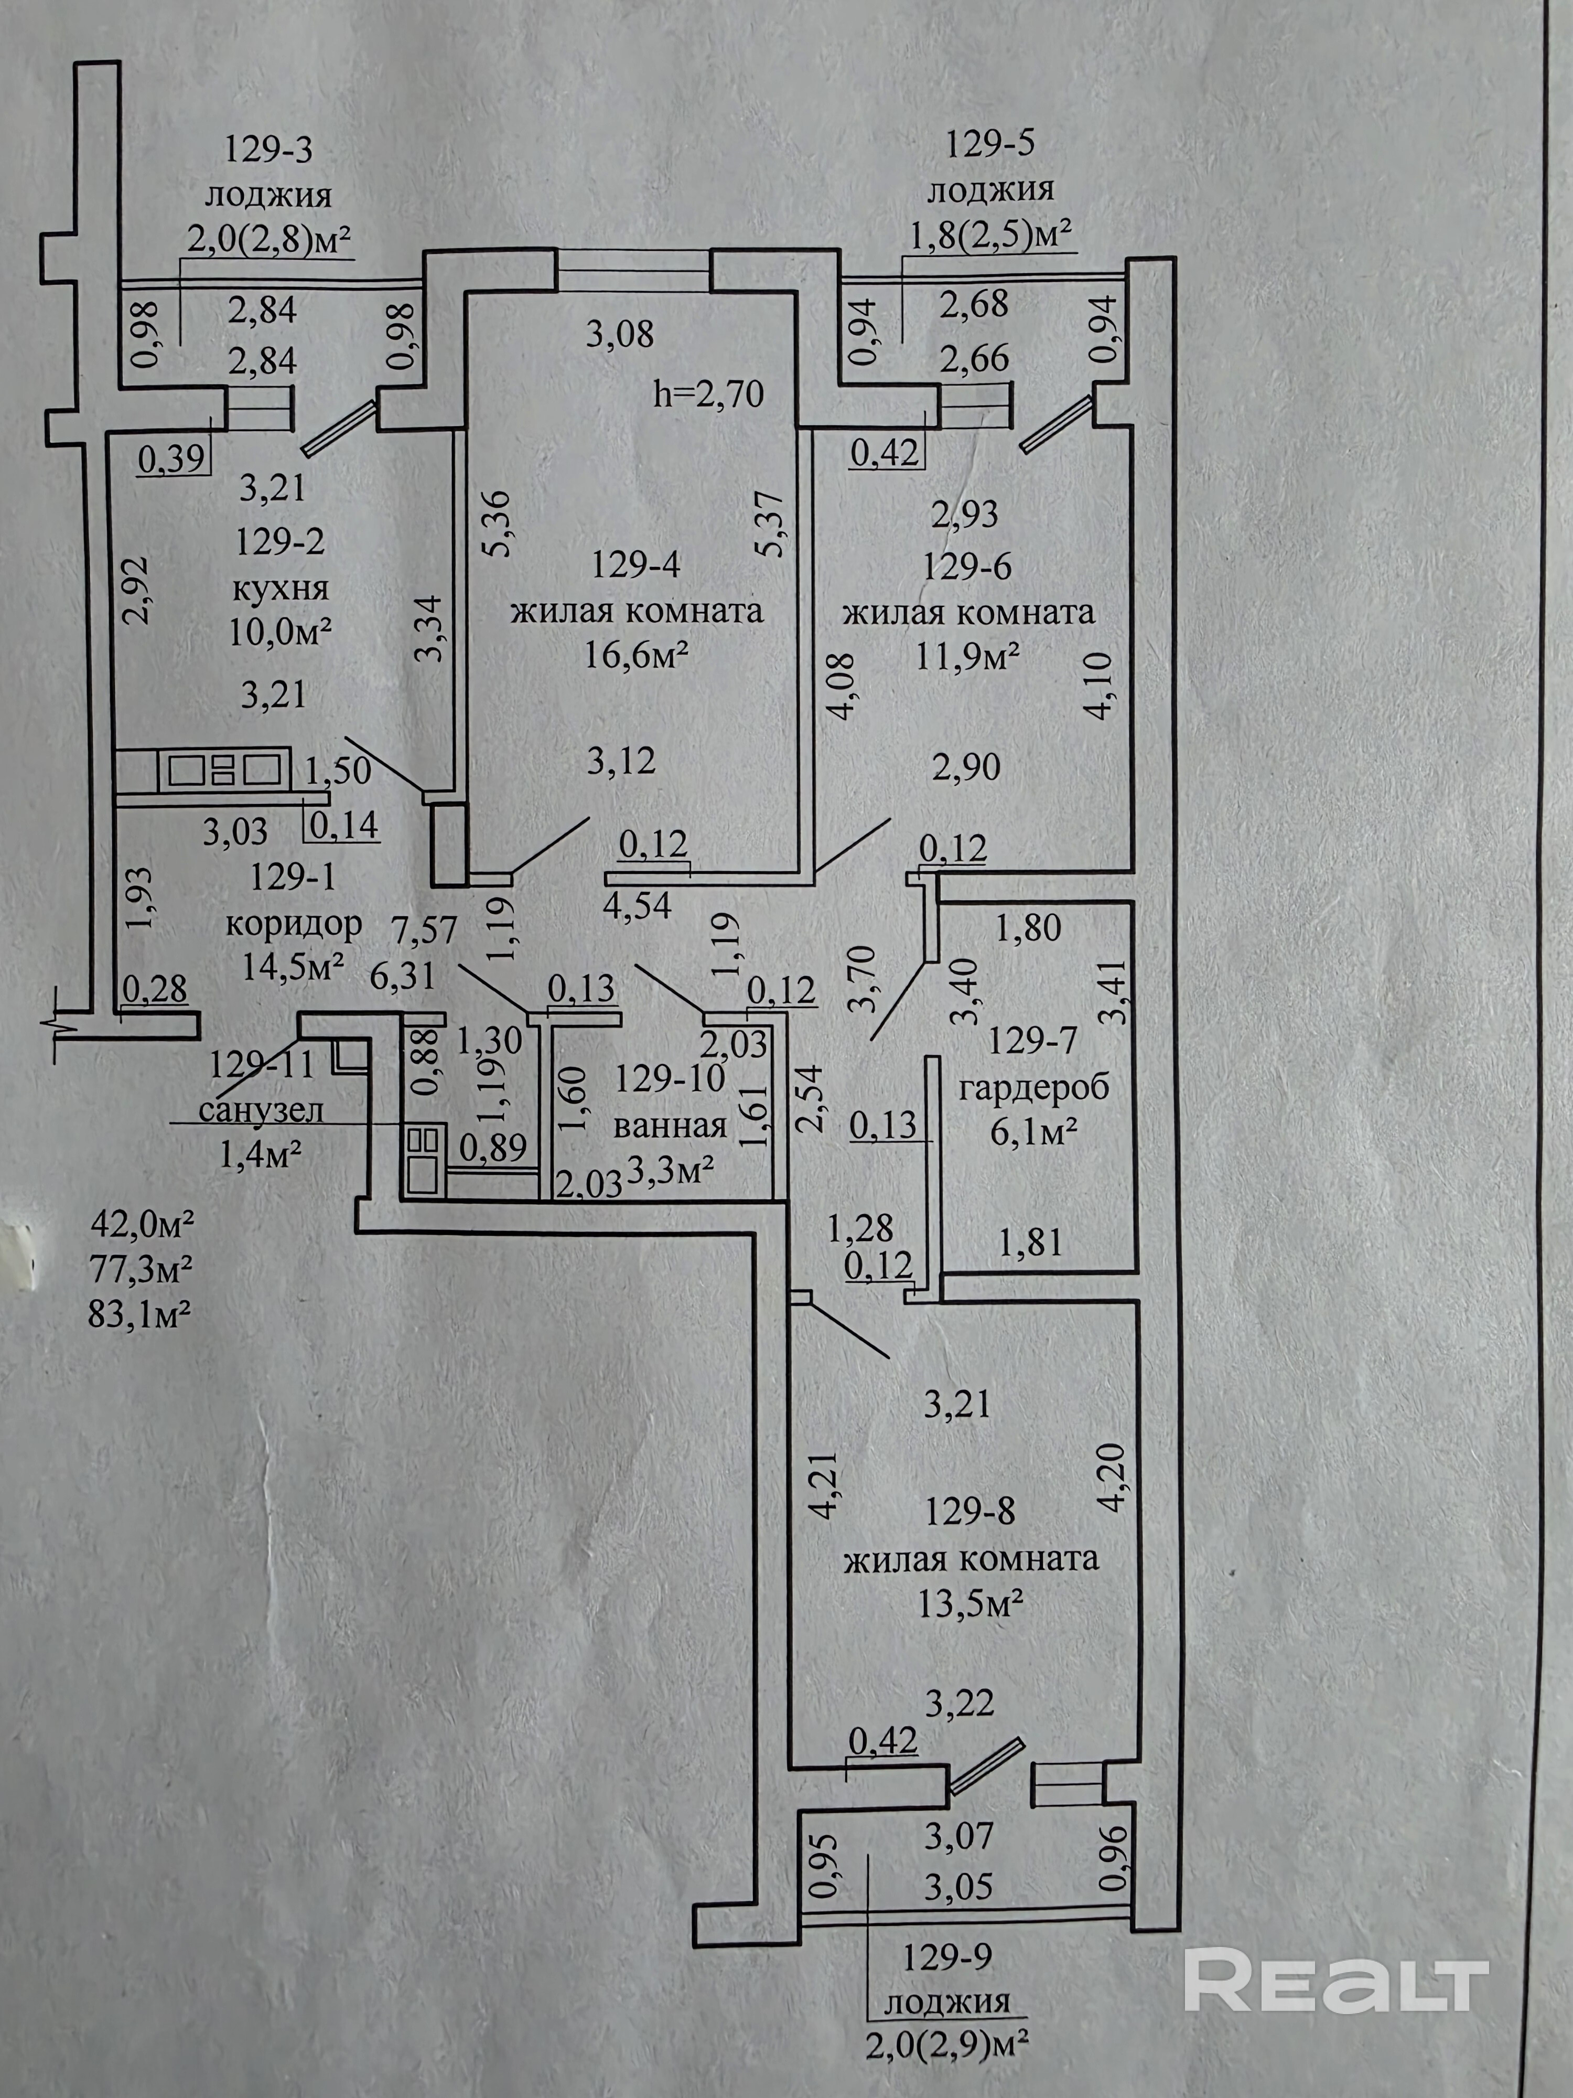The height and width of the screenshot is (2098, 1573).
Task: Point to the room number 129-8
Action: [970, 1511]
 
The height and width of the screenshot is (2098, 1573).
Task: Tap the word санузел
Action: [262, 1110]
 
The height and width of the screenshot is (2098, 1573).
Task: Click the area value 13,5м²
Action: [970, 1605]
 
